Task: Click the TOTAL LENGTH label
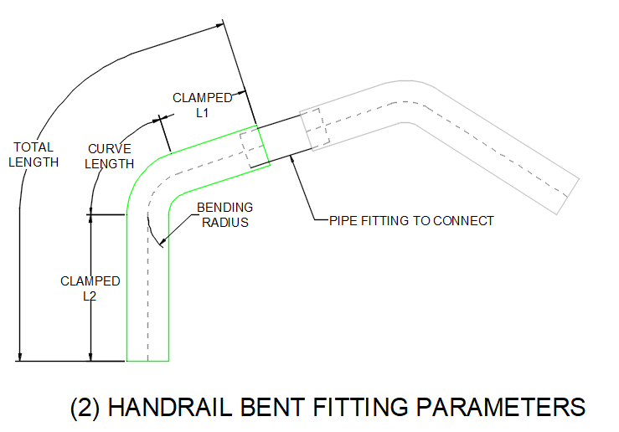[x=34, y=154]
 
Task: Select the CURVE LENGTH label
[x=110, y=156]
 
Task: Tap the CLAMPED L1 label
[x=203, y=105]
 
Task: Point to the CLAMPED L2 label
[x=90, y=288]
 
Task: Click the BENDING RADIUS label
[x=224, y=214]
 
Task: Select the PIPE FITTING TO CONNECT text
[x=411, y=221]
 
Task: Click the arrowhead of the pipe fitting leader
[x=291, y=159]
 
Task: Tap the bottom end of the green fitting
[x=147, y=361]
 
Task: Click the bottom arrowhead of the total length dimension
[x=19, y=357]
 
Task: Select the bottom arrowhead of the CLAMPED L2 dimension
[x=90, y=357]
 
